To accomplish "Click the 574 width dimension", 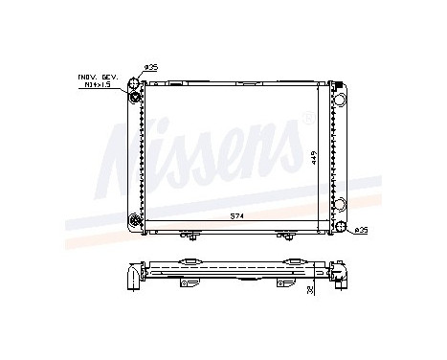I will [236, 217].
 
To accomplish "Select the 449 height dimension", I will [312, 158].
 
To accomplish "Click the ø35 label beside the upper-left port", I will [149, 67].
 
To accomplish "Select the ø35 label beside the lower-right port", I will [360, 230].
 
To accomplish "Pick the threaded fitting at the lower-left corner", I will [136, 219].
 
